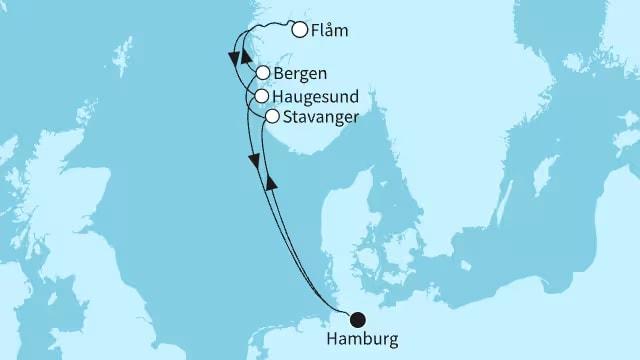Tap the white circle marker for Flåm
coord(299,30)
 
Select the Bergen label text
coord(302,74)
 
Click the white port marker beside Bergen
coord(262,73)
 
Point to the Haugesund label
coord(319,96)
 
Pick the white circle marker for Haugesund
coord(262,96)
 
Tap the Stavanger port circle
coord(272,117)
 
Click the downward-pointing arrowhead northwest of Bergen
coord(234,59)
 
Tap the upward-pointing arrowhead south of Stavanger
coord(269,183)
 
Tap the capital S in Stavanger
coord(288,117)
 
